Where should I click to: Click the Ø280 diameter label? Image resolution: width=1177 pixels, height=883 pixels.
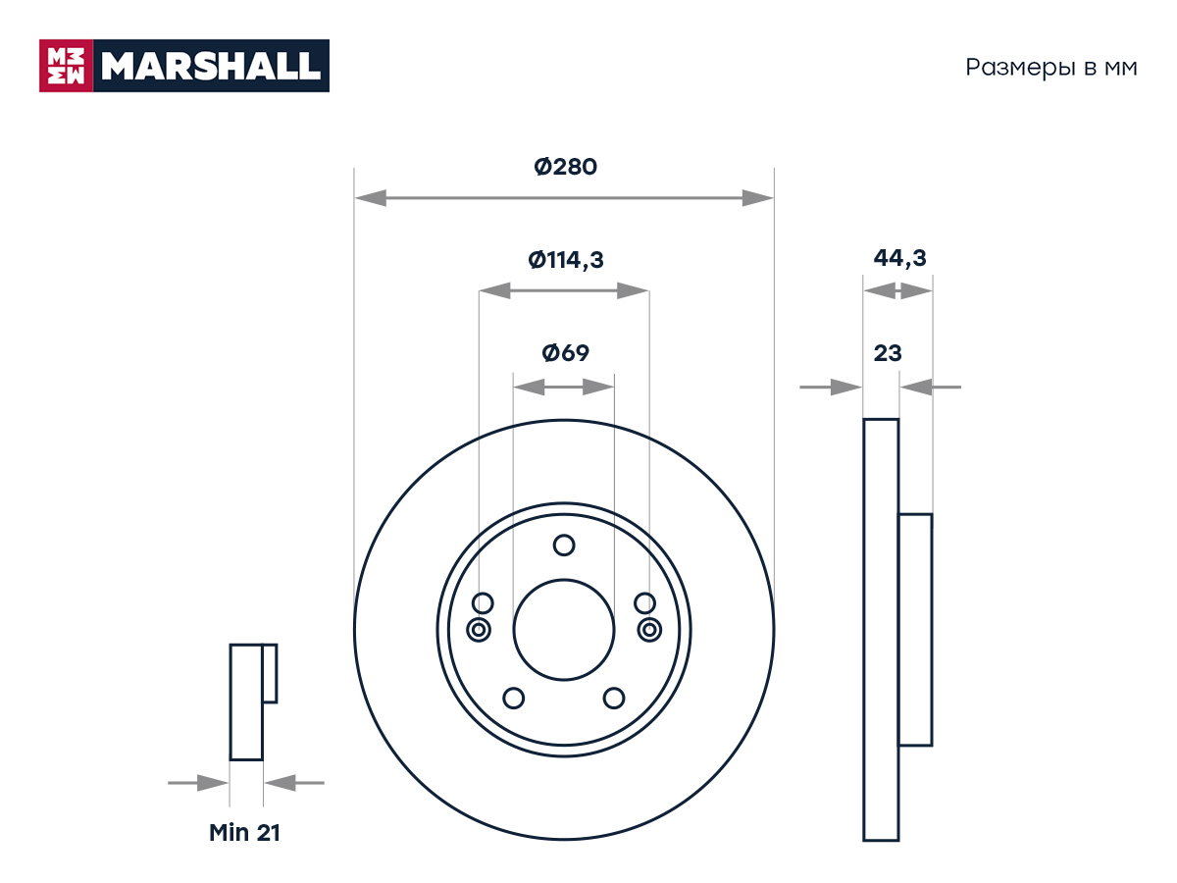pos(565,167)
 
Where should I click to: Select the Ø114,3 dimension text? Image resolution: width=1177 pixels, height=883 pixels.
pos(566,260)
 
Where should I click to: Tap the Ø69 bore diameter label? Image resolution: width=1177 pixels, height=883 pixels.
pos(565,353)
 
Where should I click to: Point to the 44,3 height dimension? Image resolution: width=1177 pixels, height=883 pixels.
pos(899,258)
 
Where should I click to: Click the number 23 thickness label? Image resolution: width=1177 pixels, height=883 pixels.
pos(888,353)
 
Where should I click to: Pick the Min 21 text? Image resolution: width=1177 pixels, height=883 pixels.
pos(244,833)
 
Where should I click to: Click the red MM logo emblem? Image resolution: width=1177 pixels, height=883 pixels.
pos(66,66)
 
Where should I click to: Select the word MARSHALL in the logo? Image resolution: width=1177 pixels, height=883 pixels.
pos(211,66)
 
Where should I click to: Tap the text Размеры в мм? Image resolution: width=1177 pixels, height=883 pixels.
pos(1051,68)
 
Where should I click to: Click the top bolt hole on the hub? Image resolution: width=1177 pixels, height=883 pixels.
pos(564,545)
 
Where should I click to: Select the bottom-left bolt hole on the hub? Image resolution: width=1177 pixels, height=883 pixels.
pos(513,698)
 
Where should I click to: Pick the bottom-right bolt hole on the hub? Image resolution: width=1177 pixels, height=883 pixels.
pos(613,698)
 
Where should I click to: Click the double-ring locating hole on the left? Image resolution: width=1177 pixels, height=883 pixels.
pos(479,630)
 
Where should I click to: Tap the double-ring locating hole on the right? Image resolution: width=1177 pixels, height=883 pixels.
pos(649,630)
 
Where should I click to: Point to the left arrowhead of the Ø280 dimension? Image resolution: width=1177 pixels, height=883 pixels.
pos(371,198)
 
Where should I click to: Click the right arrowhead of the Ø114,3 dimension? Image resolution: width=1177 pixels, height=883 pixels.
pos(633,290)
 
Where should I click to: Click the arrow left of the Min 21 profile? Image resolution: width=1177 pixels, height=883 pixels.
pos(198,783)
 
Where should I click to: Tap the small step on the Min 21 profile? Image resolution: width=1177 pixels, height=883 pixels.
pos(270,673)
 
